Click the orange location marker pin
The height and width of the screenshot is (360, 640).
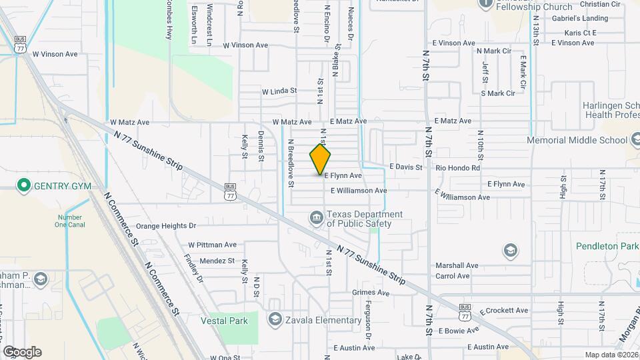click(321, 159)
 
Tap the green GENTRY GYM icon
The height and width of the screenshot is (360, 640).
click(25, 185)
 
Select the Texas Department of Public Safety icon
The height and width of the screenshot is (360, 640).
click(315, 217)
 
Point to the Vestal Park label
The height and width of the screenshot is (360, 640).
click(224, 321)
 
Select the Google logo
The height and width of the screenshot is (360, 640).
click(22, 351)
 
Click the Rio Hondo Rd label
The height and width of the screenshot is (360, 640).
click(457, 168)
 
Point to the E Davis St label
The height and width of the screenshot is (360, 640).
click(406, 167)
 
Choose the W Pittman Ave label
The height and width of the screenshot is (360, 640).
click(212, 245)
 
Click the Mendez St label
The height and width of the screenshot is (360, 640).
click(217, 261)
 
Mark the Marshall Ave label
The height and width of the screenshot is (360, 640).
click(457, 265)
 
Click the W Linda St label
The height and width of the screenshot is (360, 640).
click(279, 91)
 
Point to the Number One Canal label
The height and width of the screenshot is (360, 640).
click(69, 221)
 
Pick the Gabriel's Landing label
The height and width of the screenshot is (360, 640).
click(579, 19)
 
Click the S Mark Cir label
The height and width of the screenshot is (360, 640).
click(498, 93)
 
